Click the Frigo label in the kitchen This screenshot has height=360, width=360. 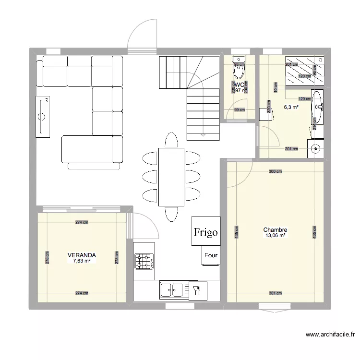pyautogui.click(x=206, y=232)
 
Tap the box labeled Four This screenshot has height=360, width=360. pyautogui.click(x=210, y=255)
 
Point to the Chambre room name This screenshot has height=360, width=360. pyautogui.click(x=275, y=230)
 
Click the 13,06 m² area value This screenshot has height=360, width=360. pyautogui.click(x=275, y=236)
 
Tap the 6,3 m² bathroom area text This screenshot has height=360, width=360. pyautogui.click(x=291, y=108)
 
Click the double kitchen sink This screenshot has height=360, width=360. pyautogui.click(x=172, y=289)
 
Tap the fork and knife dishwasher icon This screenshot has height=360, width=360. pyautogui.click(x=196, y=289)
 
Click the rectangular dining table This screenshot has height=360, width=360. pyautogui.click(x=171, y=176)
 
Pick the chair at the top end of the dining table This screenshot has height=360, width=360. pyautogui.click(x=171, y=140)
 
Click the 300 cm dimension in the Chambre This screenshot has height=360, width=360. pyautogui.click(x=275, y=171)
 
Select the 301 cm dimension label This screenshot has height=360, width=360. pyautogui.click(x=275, y=293)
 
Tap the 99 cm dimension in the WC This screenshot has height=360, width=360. pyautogui.click(x=239, y=110)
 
